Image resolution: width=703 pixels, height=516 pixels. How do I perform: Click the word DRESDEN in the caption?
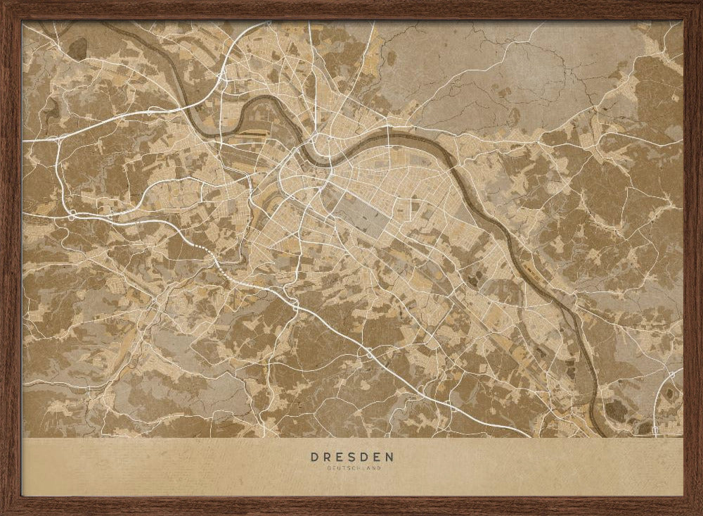click(352, 456)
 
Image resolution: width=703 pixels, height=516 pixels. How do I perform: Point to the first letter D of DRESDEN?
click(314, 456)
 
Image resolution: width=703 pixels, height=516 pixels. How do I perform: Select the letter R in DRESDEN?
click(327, 456)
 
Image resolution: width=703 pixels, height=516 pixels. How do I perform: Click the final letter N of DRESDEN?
click(390, 456)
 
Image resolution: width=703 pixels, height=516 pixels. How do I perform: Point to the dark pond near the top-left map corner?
click(77, 48)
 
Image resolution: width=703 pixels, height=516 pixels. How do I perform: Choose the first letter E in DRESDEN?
click(340, 456)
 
